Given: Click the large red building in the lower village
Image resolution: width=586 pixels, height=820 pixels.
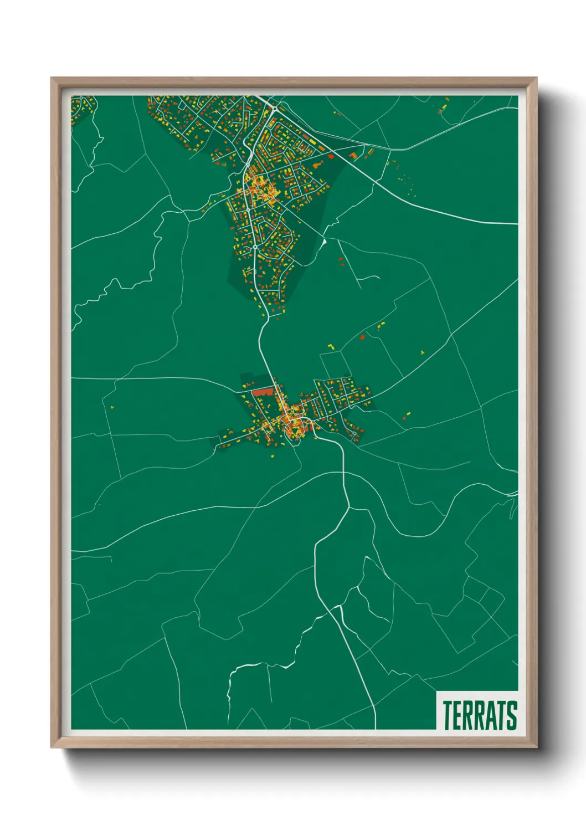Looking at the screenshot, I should pyautogui.click(x=263, y=392).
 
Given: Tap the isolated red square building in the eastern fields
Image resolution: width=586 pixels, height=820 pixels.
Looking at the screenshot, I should pyautogui.click(x=363, y=336).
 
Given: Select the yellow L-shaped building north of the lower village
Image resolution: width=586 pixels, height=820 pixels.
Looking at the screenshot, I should pyautogui.click(x=332, y=346).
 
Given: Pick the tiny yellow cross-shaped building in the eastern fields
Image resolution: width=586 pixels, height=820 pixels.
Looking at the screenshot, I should pyautogui.click(x=423, y=352).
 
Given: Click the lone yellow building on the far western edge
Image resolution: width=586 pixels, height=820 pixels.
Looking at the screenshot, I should pyautogui.click(x=112, y=407).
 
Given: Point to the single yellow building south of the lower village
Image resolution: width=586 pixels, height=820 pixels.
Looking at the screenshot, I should pyautogui.click(x=273, y=456).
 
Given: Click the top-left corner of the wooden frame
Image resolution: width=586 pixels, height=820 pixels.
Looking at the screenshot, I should pyautogui.click(x=52, y=78).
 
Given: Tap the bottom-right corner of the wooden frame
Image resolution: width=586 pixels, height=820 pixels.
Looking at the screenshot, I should pyautogui.click(x=536, y=747).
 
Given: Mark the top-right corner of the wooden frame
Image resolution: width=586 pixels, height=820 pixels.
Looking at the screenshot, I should pyautogui.click(x=536, y=78).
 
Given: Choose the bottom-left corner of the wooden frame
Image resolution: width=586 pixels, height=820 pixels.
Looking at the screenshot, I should pyautogui.click(x=52, y=747).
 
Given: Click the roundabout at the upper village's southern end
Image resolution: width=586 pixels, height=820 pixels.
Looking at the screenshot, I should pyautogui.click(x=254, y=248).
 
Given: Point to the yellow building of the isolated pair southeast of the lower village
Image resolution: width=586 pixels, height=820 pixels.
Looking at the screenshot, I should pyautogui.click(x=409, y=413).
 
